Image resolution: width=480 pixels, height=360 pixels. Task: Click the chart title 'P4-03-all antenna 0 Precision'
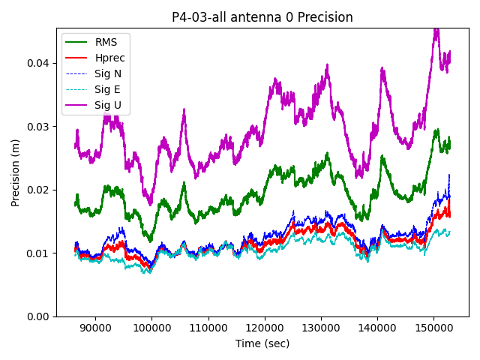pyautogui.click(x=262, y=17)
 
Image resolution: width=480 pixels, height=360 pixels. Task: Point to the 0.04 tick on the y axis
pyautogui.click(x=38, y=63)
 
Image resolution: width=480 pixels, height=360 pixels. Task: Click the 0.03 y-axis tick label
pyautogui.click(x=38, y=127)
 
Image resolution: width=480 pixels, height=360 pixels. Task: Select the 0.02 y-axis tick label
pyautogui.click(x=38, y=190)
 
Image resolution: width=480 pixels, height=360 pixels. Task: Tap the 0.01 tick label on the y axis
pyautogui.click(x=38, y=253)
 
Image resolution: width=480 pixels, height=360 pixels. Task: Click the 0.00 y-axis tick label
pyautogui.click(x=38, y=316)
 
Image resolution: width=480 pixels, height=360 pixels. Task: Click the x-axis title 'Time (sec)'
pyautogui.click(x=262, y=343)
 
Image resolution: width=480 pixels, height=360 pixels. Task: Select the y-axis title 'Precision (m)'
pyautogui.click(x=16, y=172)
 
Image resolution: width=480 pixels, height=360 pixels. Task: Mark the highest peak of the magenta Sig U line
pyautogui.click(x=436, y=28)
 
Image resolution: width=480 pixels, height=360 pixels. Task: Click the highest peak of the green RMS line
pyautogui.click(x=436, y=130)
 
